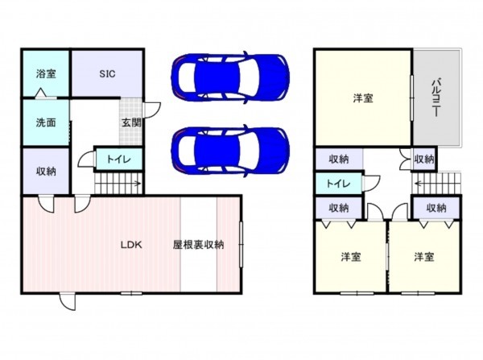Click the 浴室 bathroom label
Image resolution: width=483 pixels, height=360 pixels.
click(45, 73)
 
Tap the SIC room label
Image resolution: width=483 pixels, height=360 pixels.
click(108, 73)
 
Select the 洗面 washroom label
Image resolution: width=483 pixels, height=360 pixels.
click(45, 123)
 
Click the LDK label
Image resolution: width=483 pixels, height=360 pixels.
click(131, 245)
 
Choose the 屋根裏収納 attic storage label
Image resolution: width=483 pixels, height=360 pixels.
click(198, 245)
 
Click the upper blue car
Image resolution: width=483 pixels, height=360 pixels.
click(230, 77)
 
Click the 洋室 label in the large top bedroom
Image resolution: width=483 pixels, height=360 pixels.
click(362, 99)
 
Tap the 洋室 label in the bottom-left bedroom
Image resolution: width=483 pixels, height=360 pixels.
click(349, 257)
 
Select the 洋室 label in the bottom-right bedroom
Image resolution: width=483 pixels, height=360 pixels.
click(424, 257)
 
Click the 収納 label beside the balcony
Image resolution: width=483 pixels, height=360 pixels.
click(424, 159)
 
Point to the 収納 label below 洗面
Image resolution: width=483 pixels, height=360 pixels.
click(45, 171)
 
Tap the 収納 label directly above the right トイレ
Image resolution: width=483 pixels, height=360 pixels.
click(338, 159)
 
